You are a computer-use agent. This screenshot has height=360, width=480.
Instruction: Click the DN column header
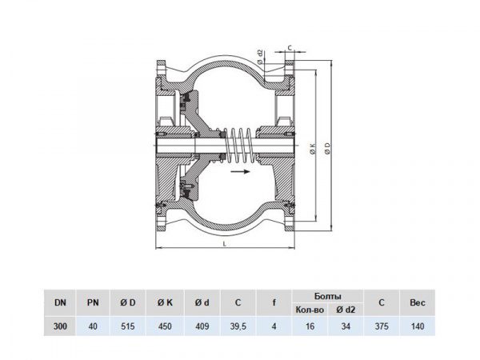tap(61, 302)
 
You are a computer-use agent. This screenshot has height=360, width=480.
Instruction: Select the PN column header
tap(93, 302)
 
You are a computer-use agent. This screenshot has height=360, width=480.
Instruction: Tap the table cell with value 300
tap(61, 326)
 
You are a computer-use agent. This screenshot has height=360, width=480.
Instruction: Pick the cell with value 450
tap(166, 326)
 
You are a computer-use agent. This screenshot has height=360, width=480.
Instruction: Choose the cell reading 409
tap(202, 326)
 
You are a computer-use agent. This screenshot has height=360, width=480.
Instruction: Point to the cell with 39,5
tap(238, 326)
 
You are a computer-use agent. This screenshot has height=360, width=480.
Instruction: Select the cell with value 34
tap(346, 326)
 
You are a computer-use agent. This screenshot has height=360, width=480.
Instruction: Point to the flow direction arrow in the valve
tap(240, 171)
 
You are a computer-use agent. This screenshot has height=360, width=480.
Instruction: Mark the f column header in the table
tap(274, 302)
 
